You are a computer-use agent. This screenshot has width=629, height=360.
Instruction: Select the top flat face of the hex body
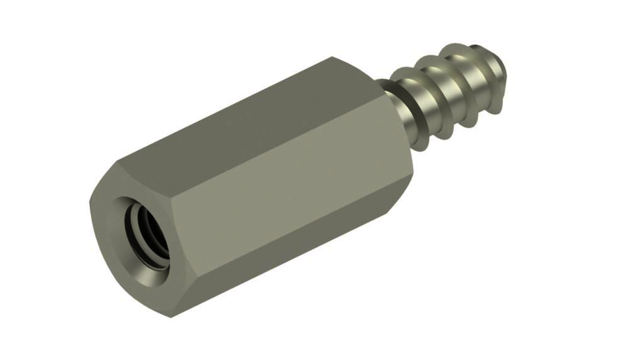[x=238, y=112]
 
